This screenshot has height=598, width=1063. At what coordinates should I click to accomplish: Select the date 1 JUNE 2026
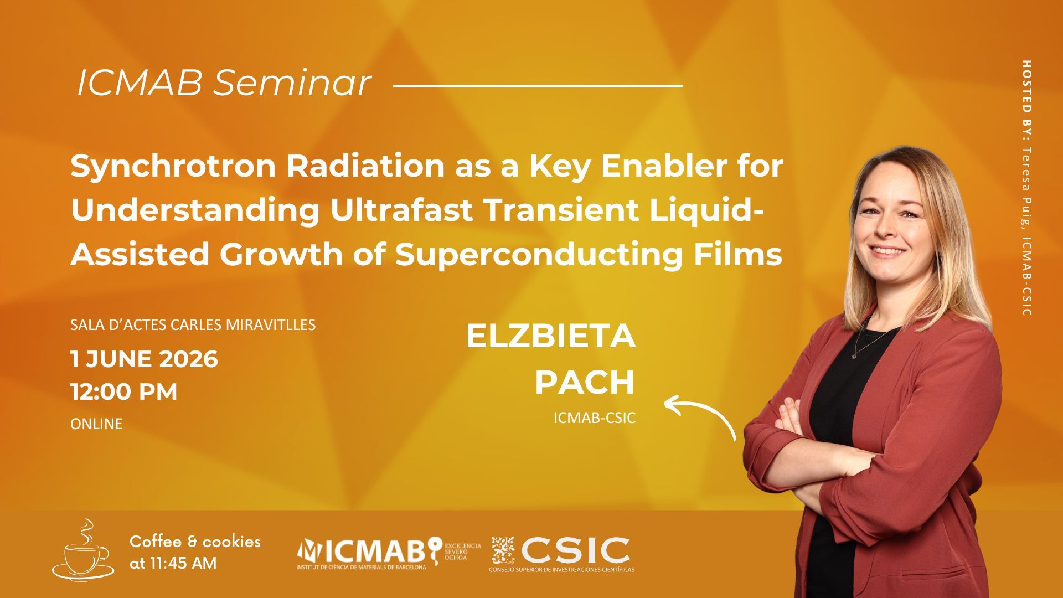(x=144, y=359)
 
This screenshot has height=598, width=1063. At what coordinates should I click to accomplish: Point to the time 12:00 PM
(x=124, y=392)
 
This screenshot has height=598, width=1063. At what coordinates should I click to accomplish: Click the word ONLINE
(x=96, y=424)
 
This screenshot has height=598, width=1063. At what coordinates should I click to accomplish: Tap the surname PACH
(x=585, y=382)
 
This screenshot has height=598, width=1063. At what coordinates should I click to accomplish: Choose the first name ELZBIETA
(x=550, y=336)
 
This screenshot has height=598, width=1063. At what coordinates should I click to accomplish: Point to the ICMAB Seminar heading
(x=224, y=83)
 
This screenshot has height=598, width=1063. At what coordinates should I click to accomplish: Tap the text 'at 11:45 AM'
(x=173, y=564)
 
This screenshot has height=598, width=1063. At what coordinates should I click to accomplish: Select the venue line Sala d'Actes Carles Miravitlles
(x=193, y=324)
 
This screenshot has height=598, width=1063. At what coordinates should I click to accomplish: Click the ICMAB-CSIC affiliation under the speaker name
(x=595, y=418)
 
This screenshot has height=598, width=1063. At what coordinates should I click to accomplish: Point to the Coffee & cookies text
(x=195, y=542)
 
